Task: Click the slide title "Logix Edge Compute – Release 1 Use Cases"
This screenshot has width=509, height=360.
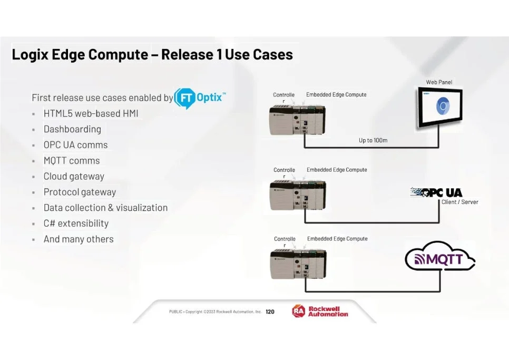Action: click(x=152, y=54)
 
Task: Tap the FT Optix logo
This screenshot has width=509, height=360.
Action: click(x=200, y=98)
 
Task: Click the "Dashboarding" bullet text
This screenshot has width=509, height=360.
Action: click(x=72, y=129)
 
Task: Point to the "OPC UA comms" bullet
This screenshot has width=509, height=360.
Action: click(x=75, y=145)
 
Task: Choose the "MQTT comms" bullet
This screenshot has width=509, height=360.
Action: click(x=71, y=161)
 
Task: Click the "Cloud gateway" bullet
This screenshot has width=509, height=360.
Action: click(x=74, y=177)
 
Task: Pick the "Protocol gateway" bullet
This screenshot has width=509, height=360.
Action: click(x=80, y=192)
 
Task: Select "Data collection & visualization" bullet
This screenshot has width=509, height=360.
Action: click(x=105, y=208)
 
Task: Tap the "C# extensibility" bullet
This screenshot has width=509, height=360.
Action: click(x=76, y=223)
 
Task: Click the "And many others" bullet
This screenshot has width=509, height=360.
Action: click(x=78, y=239)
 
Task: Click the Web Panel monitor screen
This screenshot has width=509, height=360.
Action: click(x=440, y=108)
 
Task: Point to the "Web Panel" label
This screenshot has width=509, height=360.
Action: click(x=439, y=82)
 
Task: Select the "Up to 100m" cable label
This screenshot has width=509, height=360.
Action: click(x=373, y=141)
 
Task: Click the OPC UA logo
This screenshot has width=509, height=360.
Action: click(x=436, y=192)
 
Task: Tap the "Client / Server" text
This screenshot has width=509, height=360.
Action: click(x=460, y=202)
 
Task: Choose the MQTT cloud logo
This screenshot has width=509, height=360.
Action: click(x=439, y=259)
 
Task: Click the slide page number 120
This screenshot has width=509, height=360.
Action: click(x=270, y=312)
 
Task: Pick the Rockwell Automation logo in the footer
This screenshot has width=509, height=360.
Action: click(x=320, y=312)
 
